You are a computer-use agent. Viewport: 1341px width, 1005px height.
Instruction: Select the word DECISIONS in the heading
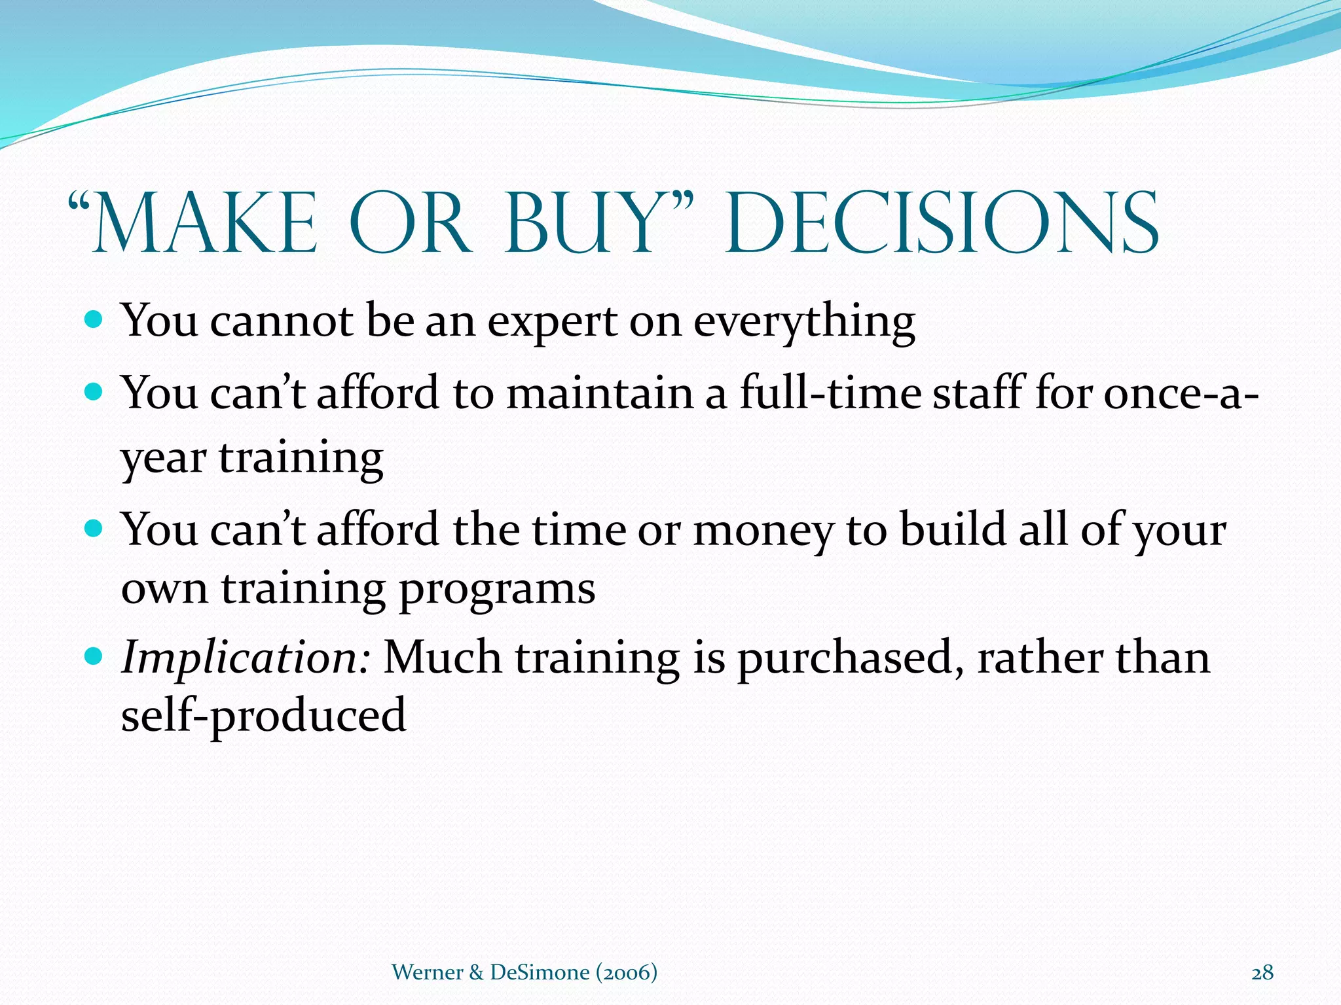pyautogui.click(x=943, y=224)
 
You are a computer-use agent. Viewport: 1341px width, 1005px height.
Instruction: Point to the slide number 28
pyautogui.click(x=1262, y=972)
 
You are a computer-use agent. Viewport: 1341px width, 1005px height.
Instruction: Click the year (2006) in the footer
pyautogui.click(x=626, y=972)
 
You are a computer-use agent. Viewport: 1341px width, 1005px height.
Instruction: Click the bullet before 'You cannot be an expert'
pyautogui.click(x=94, y=320)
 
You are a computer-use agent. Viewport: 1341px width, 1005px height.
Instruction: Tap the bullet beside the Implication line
pyautogui.click(x=94, y=655)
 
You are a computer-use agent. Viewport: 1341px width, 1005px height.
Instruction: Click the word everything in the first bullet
pyautogui.click(x=803, y=323)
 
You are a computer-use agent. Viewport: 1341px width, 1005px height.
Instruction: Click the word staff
pyautogui.click(x=976, y=393)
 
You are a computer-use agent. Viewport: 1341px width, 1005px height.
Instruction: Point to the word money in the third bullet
pyautogui.click(x=763, y=531)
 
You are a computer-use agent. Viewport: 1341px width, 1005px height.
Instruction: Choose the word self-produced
pyautogui.click(x=263, y=716)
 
